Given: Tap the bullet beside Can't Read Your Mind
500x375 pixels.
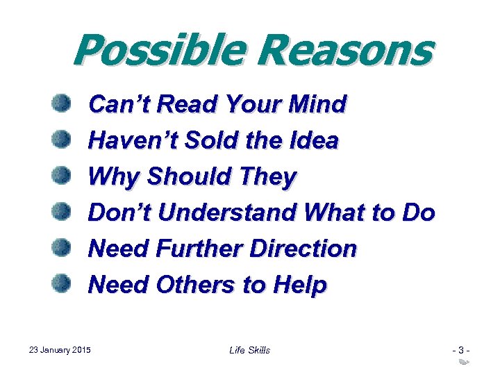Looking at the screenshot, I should [62, 105].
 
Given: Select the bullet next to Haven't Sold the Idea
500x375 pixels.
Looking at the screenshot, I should [62, 140].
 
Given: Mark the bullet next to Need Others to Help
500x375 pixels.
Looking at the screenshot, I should [62, 283].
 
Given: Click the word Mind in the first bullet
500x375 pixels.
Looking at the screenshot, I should [319, 105].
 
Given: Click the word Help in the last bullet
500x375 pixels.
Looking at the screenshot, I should [299, 285].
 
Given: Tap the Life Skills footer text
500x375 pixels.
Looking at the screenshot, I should [249, 350].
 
